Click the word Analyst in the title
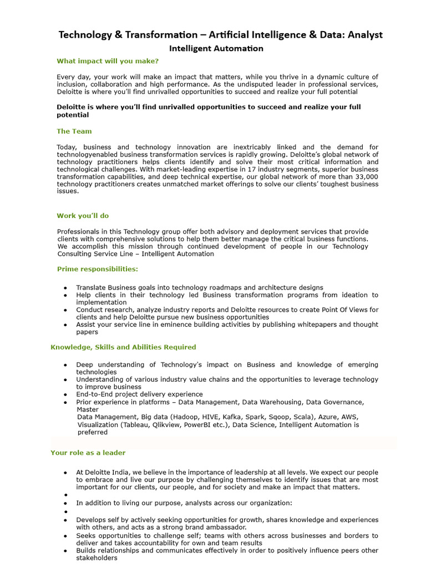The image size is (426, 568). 363,35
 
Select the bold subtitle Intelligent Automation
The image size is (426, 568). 216,48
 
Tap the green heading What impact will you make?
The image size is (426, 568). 108,61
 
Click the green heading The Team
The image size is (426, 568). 74,131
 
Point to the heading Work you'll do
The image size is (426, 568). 83,216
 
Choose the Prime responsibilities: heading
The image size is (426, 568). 98,269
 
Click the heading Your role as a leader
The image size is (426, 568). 88,453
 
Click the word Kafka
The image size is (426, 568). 235,417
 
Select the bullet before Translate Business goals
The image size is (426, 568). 65,288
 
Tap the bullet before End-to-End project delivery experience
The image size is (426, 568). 65,394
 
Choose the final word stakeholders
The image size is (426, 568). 97,559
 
